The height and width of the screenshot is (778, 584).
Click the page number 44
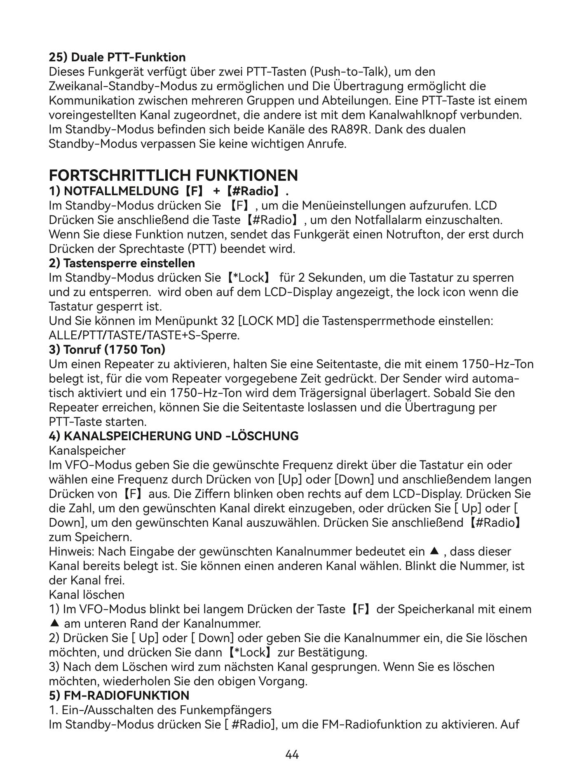292,755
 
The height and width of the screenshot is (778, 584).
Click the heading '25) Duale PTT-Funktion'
117,57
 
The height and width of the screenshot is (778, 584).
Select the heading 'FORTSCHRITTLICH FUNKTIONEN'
173,175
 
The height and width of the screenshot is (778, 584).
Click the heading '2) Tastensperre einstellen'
122,263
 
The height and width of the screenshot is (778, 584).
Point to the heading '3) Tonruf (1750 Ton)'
107,350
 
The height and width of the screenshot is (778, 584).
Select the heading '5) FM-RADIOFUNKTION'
119,696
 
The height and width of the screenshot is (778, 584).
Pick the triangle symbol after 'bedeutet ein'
433,551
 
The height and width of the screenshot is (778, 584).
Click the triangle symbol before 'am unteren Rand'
53,624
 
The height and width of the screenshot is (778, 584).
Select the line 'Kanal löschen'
87,595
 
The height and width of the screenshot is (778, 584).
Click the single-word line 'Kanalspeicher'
87,451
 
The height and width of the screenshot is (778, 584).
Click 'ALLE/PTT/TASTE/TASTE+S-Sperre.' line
144,335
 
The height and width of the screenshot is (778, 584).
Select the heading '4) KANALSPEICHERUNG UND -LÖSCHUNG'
174,436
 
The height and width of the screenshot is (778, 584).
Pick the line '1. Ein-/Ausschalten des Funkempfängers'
160,710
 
